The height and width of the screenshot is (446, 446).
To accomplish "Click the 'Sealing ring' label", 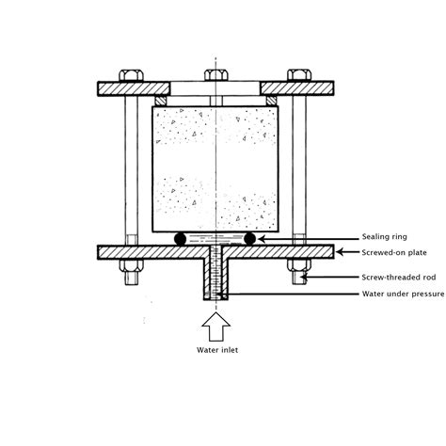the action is click(x=385, y=237).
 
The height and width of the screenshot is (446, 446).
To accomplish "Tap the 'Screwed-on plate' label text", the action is click(x=394, y=252).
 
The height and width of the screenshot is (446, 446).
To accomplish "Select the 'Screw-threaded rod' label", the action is click(x=399, y=278).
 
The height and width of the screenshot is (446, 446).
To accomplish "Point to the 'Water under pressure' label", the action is click(x=403, y=294).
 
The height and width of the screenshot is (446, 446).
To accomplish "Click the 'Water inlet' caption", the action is click(x=217, y=350).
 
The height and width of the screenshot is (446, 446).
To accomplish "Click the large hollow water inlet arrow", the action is click(x=216, y=327).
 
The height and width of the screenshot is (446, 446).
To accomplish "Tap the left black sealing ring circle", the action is click(x=181, y=239).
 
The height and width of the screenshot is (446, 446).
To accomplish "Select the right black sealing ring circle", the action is click(x=249, y=239).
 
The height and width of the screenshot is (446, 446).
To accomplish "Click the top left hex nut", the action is click(x=131, y=75).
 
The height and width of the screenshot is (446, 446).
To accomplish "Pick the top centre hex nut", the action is click(x=216, y=75).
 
